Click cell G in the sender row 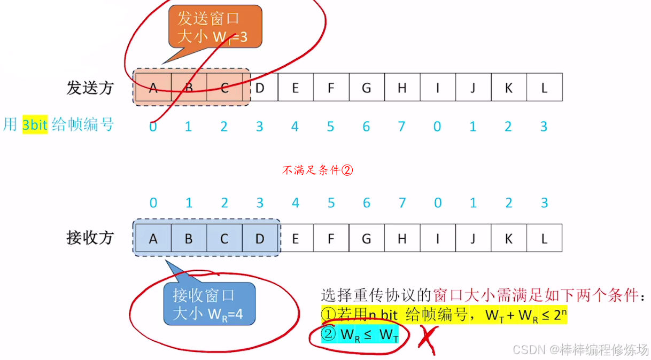366,87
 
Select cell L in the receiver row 544,238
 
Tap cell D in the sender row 260,87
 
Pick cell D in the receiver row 260,238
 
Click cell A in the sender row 153,87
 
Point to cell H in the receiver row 402,238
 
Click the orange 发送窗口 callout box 212,27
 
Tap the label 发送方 90,88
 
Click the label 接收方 90,238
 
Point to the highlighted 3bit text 35,126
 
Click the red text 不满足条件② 317,170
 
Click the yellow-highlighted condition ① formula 443,315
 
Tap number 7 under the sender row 402,127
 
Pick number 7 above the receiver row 402,203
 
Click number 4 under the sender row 295,127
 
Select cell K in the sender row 508,87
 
